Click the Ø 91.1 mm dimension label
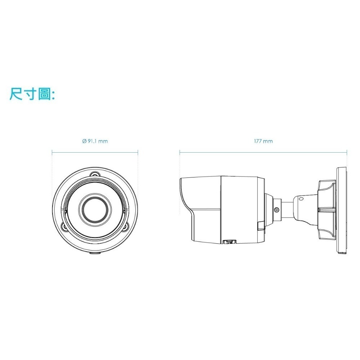point(95,141)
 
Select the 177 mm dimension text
point(263,141)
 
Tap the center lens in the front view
point(95,208)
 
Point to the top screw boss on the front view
point(95,174)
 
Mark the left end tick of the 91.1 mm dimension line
point(52,152)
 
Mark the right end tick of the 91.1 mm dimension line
point(138,152)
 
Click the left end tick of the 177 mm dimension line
point(180,152)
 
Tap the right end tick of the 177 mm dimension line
point(347,152)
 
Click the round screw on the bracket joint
point(276,210)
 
